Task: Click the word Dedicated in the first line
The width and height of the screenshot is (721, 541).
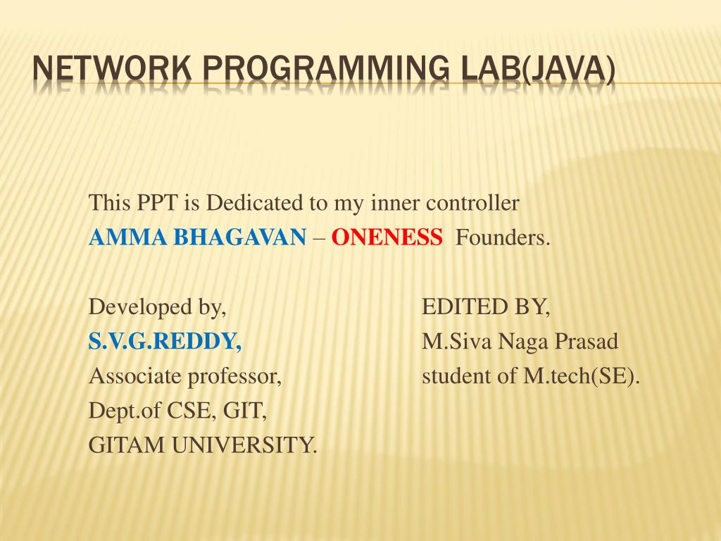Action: pyautogui.click(x=256, y=204)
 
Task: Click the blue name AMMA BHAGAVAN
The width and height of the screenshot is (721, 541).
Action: pyautogui.click(x=197, y=238)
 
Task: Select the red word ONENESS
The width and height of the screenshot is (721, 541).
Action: pyautogui.click(x=387, y=238)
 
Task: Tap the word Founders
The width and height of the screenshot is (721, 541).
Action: pyautogui.click(x=503, y=238)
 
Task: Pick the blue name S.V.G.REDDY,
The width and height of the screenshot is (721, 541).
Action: pyautogui.click(x=165, y=342)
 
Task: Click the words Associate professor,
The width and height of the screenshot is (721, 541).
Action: pyautogui.click(x=185, y=376)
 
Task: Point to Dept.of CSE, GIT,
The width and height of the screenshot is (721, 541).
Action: pyautogui.click(x=177, y=411)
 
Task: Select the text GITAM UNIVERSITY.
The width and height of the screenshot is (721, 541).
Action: pyautogui.click(x=203, y=445)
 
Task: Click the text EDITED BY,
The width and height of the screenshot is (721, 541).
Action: pyautogui.click(x=486, y=307)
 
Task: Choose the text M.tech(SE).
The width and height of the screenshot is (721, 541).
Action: pyautogui.click(x=582, y=376)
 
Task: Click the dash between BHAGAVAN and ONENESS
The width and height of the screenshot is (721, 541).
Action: pyautogui.click(x=319, y=238)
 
